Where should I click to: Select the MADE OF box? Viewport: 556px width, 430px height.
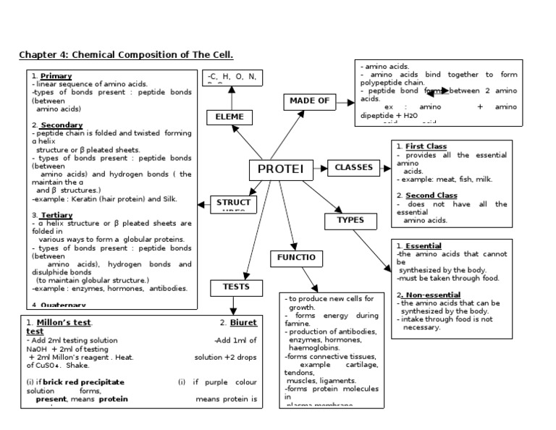tap(309, 101)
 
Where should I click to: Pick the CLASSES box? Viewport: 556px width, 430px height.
tap(354, 168)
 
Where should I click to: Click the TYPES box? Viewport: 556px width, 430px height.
tap(350, 220)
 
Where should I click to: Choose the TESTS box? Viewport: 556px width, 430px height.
tap(235, 287)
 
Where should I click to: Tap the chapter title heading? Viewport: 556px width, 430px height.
tap(126, 55)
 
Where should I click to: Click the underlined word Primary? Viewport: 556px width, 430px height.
tap(56, 76)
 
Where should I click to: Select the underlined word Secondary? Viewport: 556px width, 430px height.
tap(62, 125)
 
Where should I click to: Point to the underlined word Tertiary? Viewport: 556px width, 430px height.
tap(57, 215)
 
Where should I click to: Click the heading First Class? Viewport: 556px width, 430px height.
tap(426, 146)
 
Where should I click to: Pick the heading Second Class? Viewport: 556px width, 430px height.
tap(431, 195)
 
